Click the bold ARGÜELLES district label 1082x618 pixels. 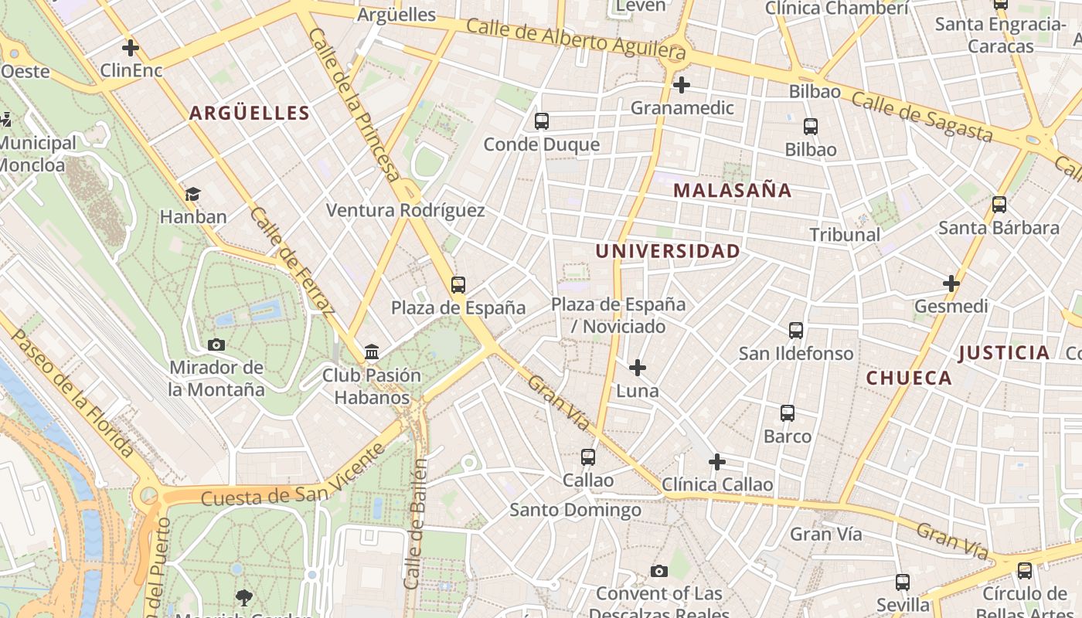pyautogui.click(x=250, y=114)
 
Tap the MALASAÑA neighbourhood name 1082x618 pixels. pyautogui.click(x=732, y=190)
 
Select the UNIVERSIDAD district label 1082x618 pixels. pyautogui.click(x=668, y=251)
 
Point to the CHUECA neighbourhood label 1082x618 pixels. pyautogui.click(x=909, y=378)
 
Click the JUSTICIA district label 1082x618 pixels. pyautogui.click(x=1004, y=353)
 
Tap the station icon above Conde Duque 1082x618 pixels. pyautogui.click(x=542, y=121)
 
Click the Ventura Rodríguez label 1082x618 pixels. pyautogui.click(x=406, y=210)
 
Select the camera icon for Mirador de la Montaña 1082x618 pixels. pyautogui.click(x=216, y=345)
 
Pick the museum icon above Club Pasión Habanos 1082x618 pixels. pyautogui.click(x=372, y=352)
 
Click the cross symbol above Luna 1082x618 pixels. pyautogui.click(x=638, y=367)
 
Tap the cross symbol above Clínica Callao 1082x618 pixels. pyautogui.click(x=717, y=462)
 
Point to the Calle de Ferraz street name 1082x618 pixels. pyautogui.click(x=292, y=262)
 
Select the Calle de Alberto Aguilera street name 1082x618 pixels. pyautogui.click(x=576, y=39)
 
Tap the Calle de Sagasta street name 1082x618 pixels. pyautogui.click(x=921, y=117)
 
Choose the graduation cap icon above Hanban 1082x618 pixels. pyautogui.click(x=192, y=194)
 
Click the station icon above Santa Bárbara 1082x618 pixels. pyautogui.click(x=999, y=205)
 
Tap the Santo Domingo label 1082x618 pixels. pyautogui.click(x=575, y=510)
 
